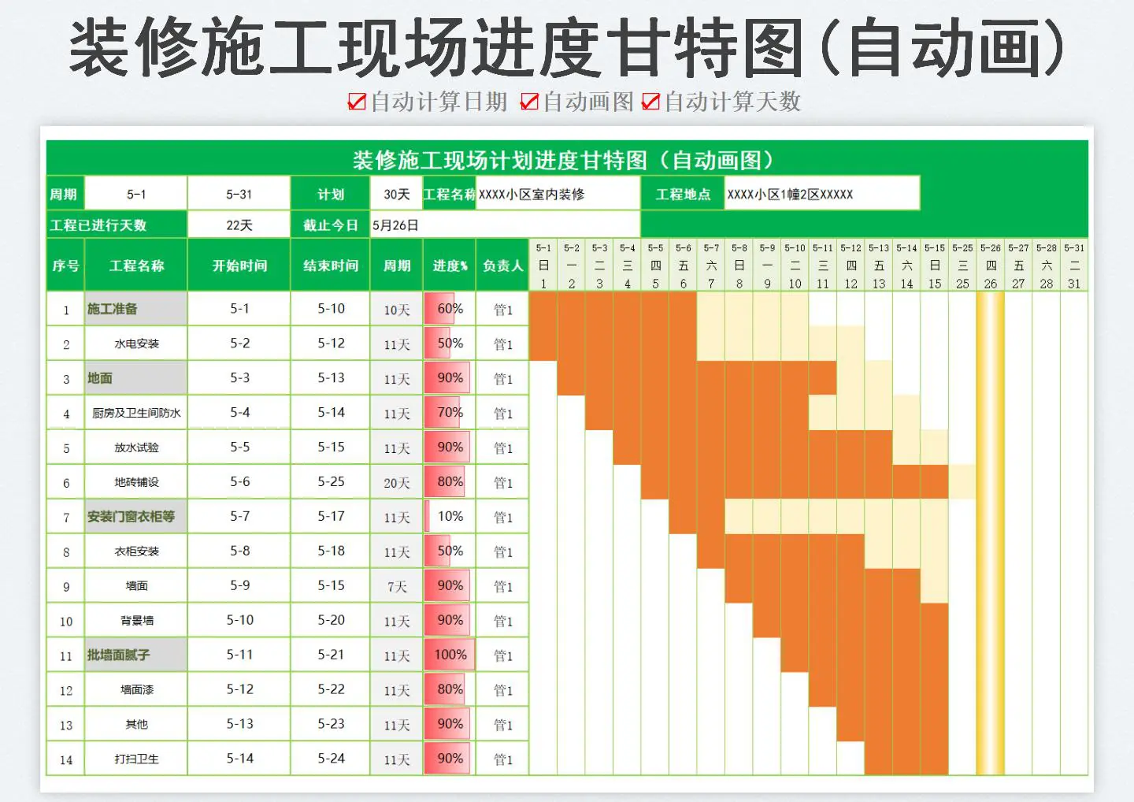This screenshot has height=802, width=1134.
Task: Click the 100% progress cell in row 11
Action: [x=450, y=655]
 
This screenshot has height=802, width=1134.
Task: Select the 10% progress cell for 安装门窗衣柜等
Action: [x=450, y=517]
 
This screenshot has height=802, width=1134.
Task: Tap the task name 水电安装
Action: [x=136, y=343]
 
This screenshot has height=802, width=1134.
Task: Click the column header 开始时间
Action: [x=239, y=265]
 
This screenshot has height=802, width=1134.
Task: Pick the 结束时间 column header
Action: [x=331, y=265]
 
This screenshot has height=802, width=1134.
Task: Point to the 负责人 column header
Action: [x=502, y=265]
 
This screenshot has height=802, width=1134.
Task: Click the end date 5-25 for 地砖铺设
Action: [x=331, y=482]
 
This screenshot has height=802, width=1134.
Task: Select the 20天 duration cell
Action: [x=397, y=482]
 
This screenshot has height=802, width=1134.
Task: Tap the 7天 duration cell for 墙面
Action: [x=397, y=586]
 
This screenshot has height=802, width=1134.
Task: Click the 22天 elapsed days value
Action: [x=239, y=225]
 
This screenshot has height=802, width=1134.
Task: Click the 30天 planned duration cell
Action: [x=397, y=195]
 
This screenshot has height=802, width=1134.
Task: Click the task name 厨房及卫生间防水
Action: [x=136, y=413]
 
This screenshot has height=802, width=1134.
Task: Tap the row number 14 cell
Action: [x=66, y=759]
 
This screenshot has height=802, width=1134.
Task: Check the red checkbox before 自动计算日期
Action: [x=357, y=102]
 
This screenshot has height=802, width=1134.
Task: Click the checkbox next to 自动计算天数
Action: [x=650, y=102]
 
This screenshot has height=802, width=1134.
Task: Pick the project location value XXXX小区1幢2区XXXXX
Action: [x=790, y=195]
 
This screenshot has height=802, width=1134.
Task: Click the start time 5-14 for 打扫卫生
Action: [x=239, y=759]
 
